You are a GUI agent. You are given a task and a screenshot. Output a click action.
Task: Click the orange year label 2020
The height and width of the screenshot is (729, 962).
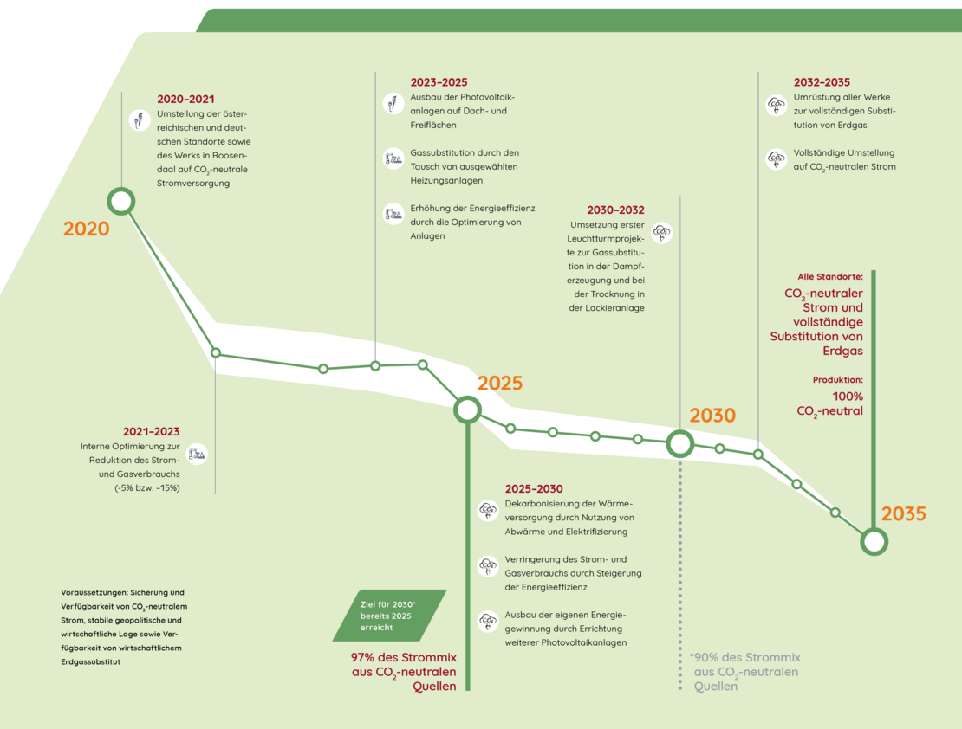click(87, 229)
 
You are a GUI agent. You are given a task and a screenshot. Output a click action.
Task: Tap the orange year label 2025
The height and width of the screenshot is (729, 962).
click(500, 384)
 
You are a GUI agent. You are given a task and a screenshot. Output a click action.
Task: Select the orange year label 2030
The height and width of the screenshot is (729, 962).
click(712, 416)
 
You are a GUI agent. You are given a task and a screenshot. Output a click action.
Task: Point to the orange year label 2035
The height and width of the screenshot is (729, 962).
click(904, 513)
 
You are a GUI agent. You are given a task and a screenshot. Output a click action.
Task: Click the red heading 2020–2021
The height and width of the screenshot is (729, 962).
click(185, 100)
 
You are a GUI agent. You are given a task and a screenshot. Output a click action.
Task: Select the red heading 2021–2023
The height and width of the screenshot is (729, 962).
click(151, 432)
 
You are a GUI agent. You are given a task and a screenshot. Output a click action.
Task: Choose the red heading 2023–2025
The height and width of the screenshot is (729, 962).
click(439, 82)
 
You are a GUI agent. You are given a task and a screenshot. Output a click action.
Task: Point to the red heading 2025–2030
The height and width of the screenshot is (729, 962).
click(534, 488)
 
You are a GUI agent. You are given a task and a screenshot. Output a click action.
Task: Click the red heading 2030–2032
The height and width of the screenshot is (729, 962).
click(615, 210)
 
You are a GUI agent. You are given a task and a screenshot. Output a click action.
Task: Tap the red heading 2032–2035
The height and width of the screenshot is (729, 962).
click(822, 82)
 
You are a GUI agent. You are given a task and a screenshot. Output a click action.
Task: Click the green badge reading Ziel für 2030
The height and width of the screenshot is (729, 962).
click(390, 616)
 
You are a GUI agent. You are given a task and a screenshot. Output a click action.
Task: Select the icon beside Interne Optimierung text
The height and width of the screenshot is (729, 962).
click(197, 455)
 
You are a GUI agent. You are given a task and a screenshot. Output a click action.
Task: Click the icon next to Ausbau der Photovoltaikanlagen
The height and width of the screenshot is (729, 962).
click(393, 103)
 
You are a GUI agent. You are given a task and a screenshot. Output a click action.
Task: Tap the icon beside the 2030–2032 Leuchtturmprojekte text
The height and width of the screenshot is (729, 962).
click(661, 232)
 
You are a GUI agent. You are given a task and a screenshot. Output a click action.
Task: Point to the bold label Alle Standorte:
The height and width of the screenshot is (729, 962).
click(830, 277)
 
